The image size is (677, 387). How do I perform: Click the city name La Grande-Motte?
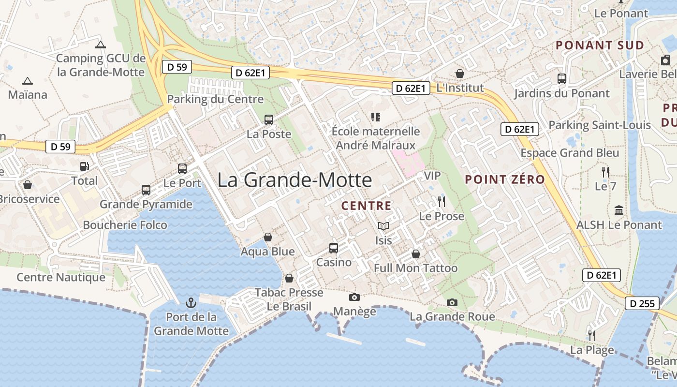click(294, 180)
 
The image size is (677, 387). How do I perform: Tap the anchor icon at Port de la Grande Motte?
click(191, 303)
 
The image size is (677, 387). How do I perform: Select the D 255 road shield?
click(642, 304)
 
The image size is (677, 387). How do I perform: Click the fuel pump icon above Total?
click(85, 166)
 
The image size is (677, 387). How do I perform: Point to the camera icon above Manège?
click(354, 297)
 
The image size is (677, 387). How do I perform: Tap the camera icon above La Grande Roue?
click(452, 303)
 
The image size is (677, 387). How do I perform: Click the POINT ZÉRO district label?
click(505, 179)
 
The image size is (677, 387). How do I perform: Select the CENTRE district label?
click(367, 206)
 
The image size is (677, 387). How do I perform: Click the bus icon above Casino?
click(334, 248)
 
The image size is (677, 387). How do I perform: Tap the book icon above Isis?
click(383, 226)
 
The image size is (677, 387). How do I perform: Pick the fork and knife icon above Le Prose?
click(441, 202)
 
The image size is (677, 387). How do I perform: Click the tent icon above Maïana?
click(28, 81)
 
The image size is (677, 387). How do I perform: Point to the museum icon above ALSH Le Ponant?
click(618, 210)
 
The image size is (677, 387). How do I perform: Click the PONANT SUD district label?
click(600, 45)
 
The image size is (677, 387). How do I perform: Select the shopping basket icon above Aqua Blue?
click(267, 237)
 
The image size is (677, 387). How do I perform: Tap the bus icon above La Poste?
click(269, 120)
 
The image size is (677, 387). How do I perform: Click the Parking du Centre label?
click(215, 100)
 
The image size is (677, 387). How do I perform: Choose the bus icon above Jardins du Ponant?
click(562, 79)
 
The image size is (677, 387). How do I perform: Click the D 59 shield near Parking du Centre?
click(177, 67)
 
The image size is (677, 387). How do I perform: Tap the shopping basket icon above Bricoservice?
click(28, 185)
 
